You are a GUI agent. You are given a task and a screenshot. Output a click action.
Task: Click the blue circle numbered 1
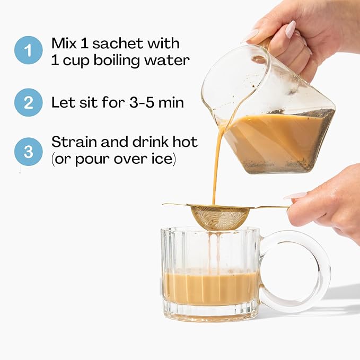[28, 50]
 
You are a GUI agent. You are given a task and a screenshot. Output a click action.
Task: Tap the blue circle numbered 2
[28, 102]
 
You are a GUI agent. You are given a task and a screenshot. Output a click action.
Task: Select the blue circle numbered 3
[28, 152]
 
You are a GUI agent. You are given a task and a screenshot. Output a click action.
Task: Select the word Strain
[74, 142]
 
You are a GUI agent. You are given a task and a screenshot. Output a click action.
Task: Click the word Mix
[64, 43]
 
